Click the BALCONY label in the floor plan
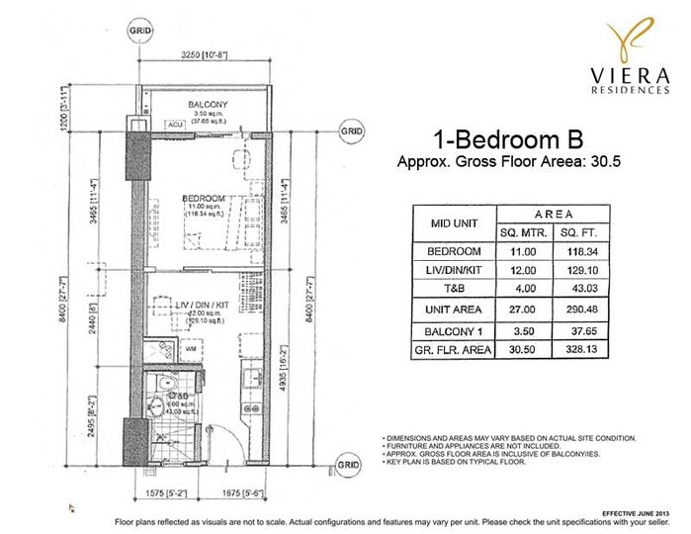(209, 103)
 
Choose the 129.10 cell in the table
(576, 270)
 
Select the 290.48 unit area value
(576, 309)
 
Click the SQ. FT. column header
(576, 232)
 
